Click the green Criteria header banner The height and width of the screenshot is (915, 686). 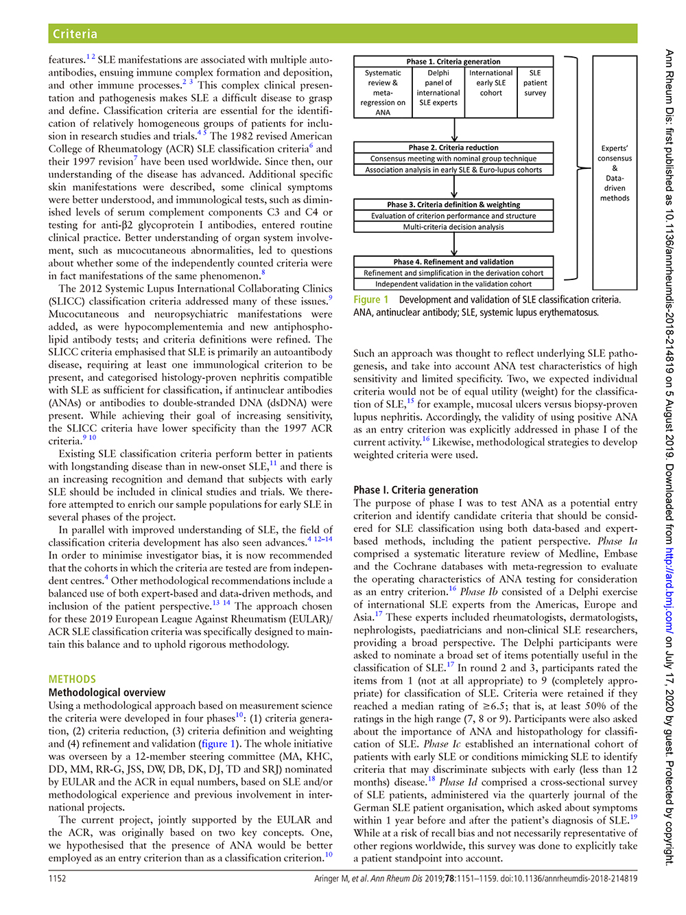342,34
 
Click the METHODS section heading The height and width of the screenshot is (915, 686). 72,679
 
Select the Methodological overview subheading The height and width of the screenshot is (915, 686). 107,693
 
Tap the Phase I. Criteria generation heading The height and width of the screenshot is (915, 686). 416,490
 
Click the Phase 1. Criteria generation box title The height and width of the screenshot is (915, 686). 453,62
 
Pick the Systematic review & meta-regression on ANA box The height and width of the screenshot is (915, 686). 383,93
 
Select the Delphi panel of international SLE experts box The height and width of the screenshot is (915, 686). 438,88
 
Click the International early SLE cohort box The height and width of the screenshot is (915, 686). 490,83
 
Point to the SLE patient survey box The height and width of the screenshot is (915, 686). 535,83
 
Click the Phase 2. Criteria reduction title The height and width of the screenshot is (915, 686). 453,148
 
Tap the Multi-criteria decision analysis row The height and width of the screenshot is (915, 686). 453,227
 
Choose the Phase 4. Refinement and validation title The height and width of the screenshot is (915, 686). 453,262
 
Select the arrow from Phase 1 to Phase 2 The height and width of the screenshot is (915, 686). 454,130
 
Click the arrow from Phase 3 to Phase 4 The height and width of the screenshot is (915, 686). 454,244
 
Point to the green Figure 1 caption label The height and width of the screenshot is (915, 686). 371,300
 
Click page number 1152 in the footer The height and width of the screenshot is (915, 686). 58,879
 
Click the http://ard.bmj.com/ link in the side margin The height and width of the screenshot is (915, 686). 669,591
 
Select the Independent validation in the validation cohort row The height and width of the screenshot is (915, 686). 453,284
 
